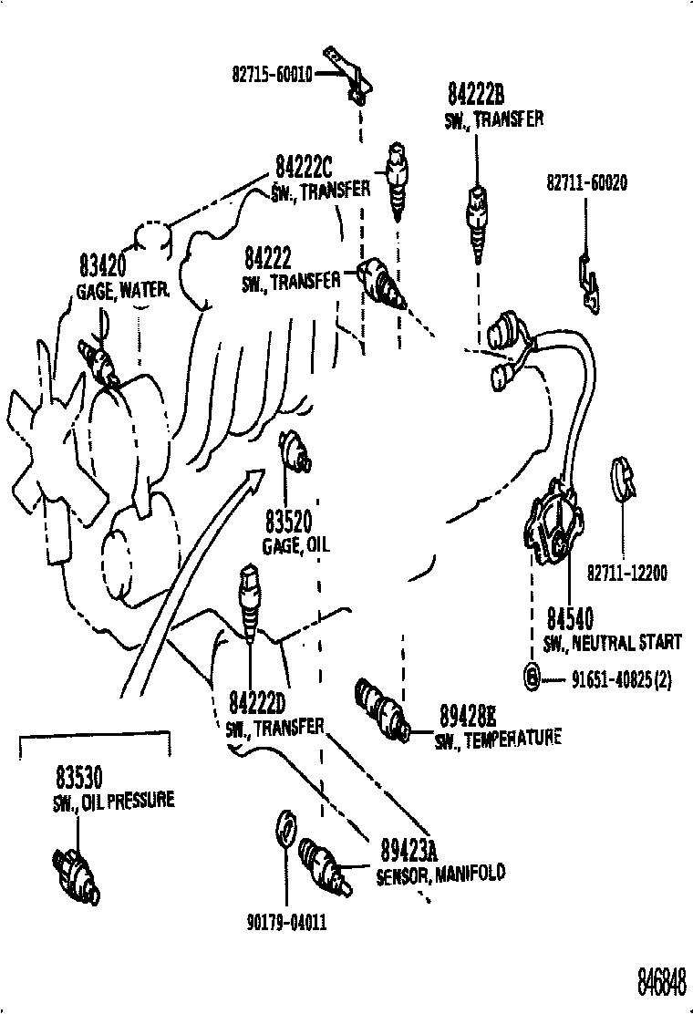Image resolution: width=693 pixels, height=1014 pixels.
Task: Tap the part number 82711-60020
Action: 586,183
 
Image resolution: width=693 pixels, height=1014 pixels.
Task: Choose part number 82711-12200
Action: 626,573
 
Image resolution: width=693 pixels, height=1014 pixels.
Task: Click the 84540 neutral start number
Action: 570,620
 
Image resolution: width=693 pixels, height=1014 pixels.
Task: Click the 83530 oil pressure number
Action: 78,778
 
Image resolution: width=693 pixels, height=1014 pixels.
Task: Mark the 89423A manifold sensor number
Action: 407,852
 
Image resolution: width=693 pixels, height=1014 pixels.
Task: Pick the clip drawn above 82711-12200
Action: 623,479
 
